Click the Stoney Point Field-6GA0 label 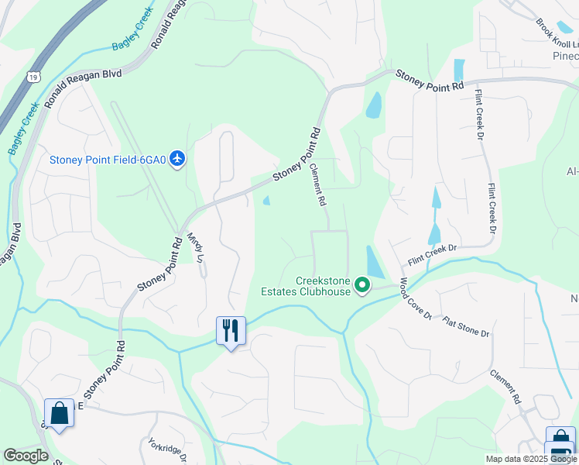[x=108, y=160]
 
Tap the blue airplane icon [x=179, y=159]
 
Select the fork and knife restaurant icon [x=231, y=331]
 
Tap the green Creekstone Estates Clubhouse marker [x=361, y=287]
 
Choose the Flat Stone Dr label [x=466, y=325]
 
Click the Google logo [x=26, y=456]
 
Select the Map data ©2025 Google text [x=530, y=459]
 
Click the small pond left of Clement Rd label [x=267, y=201]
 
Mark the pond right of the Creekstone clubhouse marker [x=373, y=262]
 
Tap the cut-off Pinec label [x=566, y=57]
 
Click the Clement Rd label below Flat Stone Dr [x=505, y=387]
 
